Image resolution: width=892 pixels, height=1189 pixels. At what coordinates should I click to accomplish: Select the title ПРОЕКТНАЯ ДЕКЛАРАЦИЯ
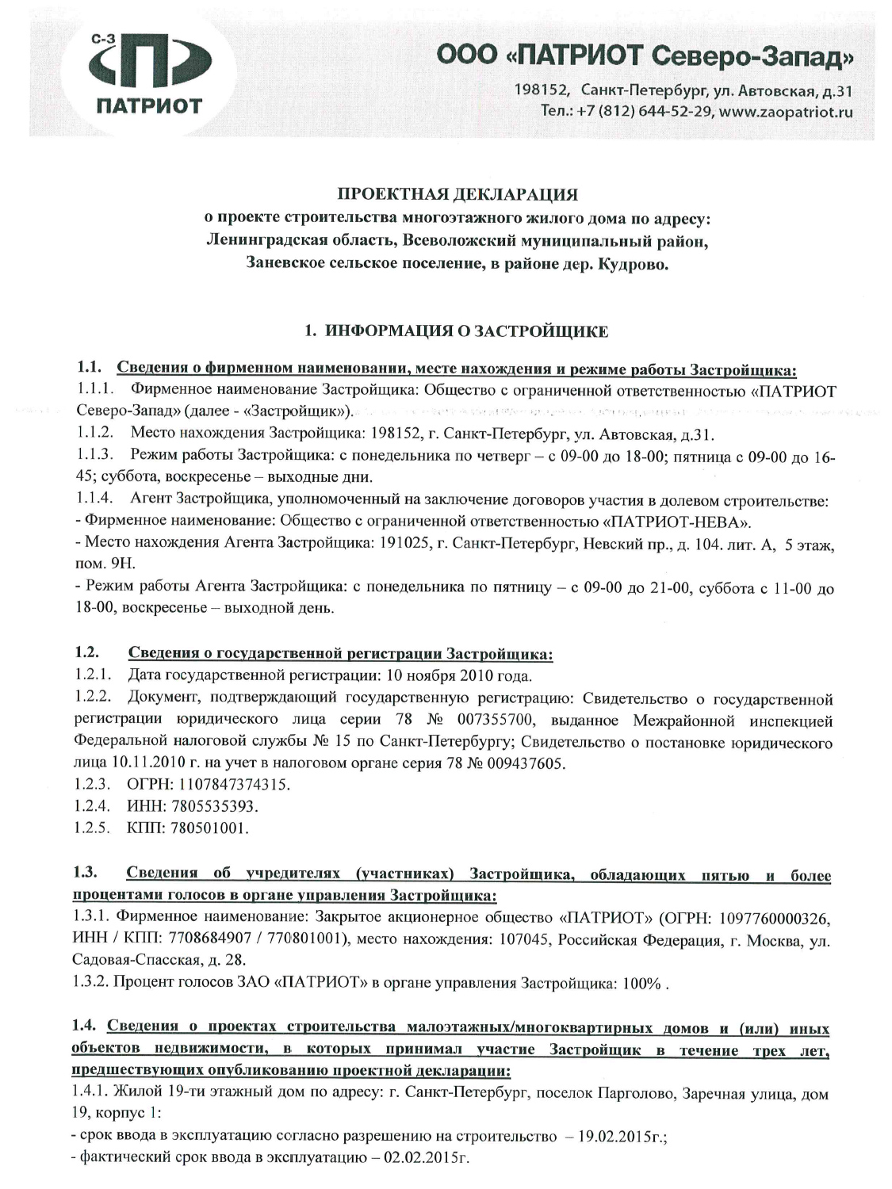pos(457,194)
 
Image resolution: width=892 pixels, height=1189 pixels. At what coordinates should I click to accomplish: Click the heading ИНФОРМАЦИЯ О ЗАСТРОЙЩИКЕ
pos(467,331)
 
